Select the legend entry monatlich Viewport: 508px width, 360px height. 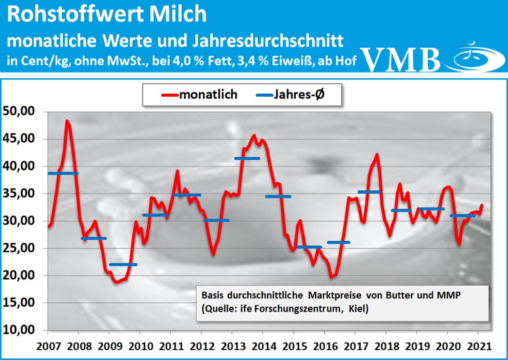[208, 95]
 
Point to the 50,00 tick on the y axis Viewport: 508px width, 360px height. [19, 111]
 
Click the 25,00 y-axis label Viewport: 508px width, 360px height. [19, 248]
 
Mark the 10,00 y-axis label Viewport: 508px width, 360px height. [19, 330]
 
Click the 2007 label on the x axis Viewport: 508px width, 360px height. [48, 346]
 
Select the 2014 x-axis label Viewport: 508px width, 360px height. [264, 346]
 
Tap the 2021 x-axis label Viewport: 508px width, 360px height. [479, 346]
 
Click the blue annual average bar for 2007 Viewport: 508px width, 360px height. [63, 173]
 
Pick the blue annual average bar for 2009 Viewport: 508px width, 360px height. [123, 264]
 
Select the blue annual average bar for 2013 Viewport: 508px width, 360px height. [247, 158]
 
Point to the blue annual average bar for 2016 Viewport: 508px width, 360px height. [338, 242]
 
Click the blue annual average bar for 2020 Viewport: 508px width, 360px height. [463, 216]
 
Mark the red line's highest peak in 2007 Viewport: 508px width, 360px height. [67, 121]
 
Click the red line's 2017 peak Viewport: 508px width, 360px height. [377, 155]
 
